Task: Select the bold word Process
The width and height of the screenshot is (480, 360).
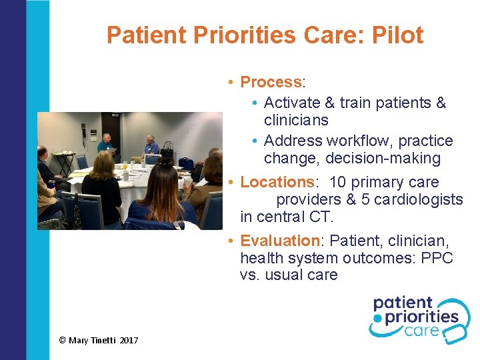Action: [x=271, y=82]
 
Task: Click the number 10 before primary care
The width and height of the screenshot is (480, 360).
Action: [x=337, y=182]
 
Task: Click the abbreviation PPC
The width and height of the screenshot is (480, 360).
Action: [x=437, y=258]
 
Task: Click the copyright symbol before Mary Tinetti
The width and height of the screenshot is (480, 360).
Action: [x=62, y=341]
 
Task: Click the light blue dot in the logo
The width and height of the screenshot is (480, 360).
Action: [x=377, y=319]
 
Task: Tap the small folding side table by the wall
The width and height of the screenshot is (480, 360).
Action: [x=63, y=160]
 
